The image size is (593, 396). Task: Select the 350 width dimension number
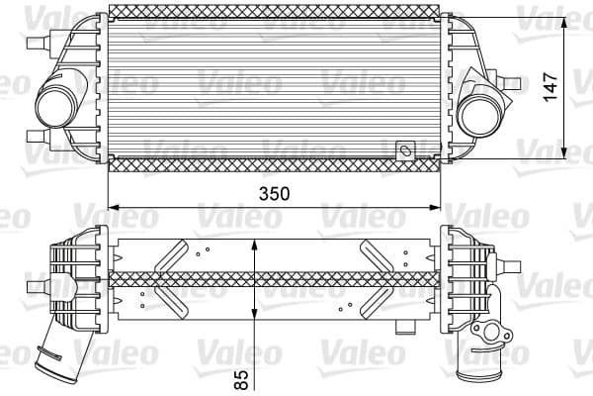274,194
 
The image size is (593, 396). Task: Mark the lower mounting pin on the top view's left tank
38,137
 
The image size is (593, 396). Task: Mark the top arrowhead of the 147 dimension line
564,22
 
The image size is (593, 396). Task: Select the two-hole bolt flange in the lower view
489,331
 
